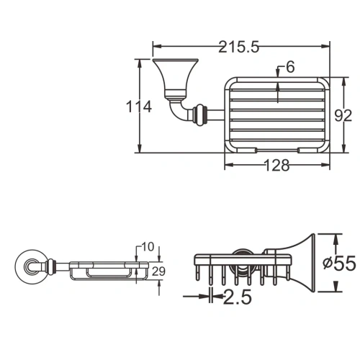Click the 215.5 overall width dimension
[238, 47]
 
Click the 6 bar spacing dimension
[289, 68]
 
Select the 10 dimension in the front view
[148, 247]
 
